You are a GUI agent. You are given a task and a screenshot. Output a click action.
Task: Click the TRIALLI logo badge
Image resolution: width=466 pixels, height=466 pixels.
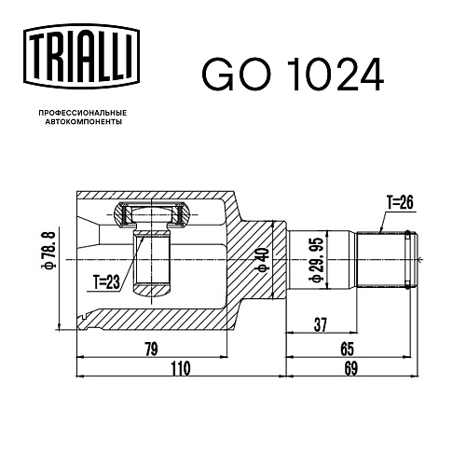81,58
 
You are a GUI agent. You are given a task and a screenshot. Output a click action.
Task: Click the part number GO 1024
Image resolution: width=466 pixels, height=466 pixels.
293,75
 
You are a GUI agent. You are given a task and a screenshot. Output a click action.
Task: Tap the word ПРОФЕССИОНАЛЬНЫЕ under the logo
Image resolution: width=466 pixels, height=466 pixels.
83,113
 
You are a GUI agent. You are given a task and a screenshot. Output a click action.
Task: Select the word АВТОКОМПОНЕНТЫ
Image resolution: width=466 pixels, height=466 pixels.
84,122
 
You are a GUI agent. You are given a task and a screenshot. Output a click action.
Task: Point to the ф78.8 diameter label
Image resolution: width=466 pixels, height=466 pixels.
49,250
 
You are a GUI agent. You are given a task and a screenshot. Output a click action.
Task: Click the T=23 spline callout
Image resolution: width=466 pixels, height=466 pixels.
106,282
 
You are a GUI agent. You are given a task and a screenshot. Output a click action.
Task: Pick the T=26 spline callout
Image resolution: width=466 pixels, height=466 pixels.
400,202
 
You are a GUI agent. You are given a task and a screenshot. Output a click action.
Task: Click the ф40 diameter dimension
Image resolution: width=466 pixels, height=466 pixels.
264,260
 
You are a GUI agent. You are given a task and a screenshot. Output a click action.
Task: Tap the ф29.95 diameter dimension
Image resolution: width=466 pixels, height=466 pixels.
316,260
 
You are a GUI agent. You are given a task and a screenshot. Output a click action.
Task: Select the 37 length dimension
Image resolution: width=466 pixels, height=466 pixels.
321,325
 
